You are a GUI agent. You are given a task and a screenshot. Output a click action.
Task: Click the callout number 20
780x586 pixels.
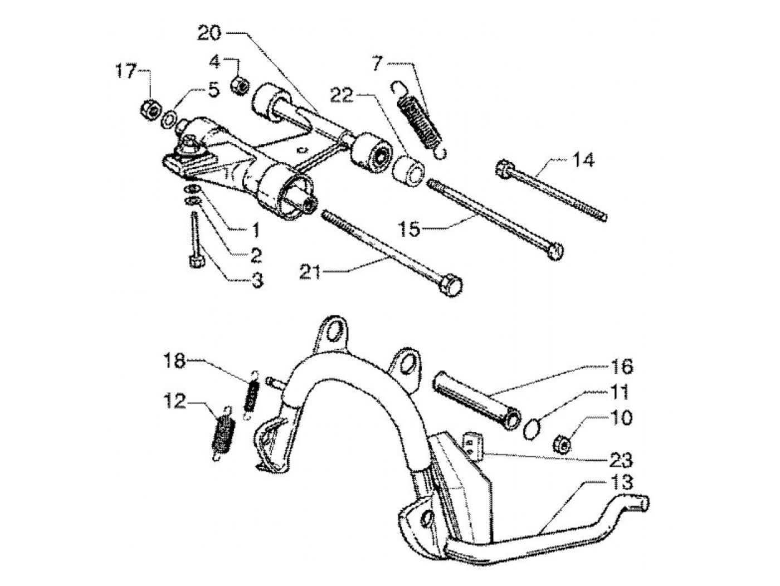(x=209, y=33)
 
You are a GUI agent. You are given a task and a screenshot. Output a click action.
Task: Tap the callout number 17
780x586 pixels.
(x=125, y=71)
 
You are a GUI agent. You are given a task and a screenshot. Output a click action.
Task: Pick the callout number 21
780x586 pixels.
(x=311, y=272)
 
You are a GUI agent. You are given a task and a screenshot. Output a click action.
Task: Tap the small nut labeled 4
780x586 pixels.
(x=240, y=85)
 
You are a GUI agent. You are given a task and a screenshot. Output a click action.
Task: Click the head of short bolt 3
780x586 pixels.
(x=196, y=261)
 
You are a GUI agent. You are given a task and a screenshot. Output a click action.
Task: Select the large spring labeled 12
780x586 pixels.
(x=225, y=431)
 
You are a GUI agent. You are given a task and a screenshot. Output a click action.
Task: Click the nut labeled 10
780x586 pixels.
(x=562, y=444)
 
